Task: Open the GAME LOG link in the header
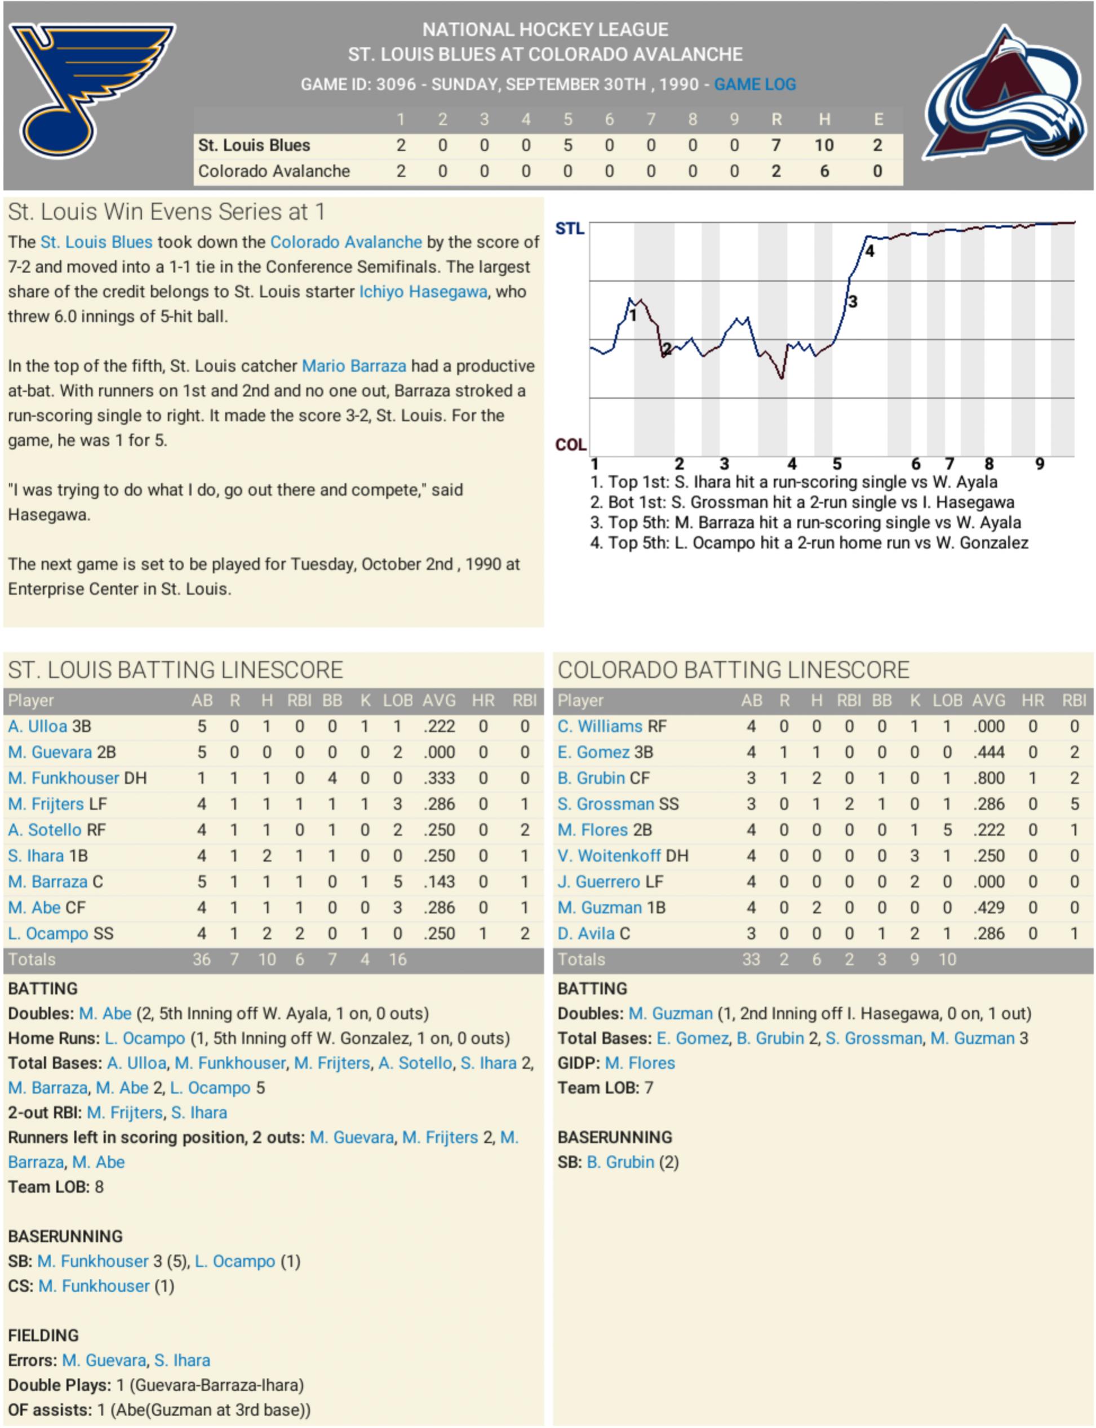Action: point(755,84)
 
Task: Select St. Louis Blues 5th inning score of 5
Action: point(567,145)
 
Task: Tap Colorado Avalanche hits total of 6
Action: point(824,171)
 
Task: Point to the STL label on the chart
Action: point(569,229)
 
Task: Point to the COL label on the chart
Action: point(570,444)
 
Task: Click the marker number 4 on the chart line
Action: point(869,252)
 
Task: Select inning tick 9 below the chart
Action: point(1039,464)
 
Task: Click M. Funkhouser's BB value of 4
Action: point(332,778)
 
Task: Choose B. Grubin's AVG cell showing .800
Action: point(988,778)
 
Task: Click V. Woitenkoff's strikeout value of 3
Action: point(915,856)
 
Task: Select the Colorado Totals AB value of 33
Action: point(751,959)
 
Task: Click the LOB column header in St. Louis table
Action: point(397,700)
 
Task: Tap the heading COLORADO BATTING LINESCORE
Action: point(733,670)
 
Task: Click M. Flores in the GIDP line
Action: point(640,1063)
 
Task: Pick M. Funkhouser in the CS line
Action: point(94,1286)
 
